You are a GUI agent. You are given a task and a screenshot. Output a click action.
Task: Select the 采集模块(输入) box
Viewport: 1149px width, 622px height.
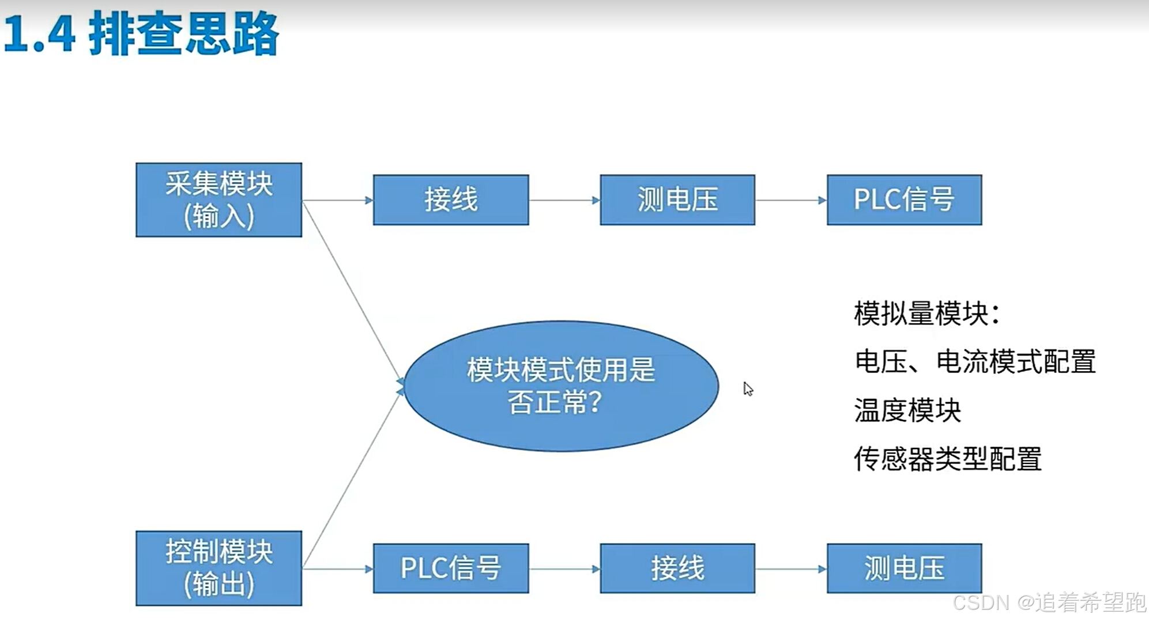point(219,200)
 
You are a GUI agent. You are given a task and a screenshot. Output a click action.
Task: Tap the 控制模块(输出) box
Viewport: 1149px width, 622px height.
point(219,568)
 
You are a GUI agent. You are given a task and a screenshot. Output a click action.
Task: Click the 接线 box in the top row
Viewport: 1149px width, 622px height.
point(451,200)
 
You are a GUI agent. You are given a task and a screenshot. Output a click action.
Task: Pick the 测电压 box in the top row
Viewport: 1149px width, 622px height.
point(677,200)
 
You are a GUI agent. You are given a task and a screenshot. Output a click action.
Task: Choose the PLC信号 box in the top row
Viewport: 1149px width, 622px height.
point(904,200)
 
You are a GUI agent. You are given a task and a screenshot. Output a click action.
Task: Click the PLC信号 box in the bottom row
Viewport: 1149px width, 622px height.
point(451,568)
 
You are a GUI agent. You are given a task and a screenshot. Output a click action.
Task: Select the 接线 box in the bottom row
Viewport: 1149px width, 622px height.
point(677,568)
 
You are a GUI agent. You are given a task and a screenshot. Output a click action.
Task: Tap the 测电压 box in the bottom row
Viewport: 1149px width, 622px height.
point(904,568)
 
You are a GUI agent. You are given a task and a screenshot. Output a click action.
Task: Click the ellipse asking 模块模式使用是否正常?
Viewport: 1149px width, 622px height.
point(561,386)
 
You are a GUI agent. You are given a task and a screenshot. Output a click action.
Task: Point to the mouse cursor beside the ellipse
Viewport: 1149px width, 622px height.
point(748,389)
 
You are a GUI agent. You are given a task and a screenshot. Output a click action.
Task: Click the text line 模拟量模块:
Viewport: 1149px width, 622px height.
point(926,314)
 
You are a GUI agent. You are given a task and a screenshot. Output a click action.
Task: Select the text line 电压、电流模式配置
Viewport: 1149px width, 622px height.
point(975,362)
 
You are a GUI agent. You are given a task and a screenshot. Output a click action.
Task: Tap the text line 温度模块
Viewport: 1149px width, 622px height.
point(907,410)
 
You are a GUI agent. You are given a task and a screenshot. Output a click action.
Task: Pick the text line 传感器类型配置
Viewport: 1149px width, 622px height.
point(947,459)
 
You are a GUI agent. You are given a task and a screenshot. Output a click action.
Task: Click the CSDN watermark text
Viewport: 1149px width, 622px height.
point(1049,602)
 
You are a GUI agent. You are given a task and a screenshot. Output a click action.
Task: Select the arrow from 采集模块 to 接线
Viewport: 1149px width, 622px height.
point(337,201)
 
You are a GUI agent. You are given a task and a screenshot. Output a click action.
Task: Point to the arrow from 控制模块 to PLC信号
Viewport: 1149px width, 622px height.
point(337,569)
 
